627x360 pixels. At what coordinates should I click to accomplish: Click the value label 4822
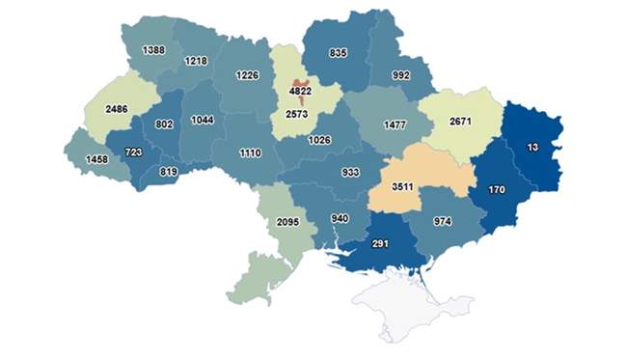(300, 93)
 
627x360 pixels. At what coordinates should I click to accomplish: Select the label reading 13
(532, 147)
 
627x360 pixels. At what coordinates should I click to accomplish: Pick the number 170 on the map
(496, 189)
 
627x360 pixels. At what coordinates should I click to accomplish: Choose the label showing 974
(444, 222)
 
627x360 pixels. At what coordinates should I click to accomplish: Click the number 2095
(288, 222)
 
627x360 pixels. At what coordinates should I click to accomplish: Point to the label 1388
(152, 50)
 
